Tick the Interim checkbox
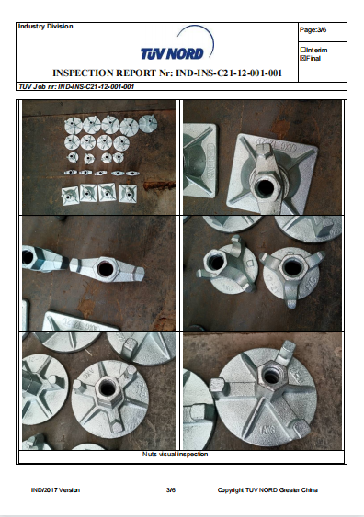point(303,50)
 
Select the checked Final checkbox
point(303,58)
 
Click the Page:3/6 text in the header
point(313,30)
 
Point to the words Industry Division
point(46,27)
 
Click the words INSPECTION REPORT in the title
point(104,73)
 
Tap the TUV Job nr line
point(76,86)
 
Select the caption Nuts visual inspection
point(175,454)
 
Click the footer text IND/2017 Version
point(55,490)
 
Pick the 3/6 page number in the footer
point(171,490)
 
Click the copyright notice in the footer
point(267,490)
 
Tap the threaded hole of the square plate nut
point(265,187)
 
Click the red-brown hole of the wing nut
point(106,269)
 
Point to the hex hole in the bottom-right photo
point(271,375)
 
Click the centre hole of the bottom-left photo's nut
point(108,387)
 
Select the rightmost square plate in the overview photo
point(128,193)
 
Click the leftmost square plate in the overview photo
point(70,196)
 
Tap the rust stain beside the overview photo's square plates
point(158,185)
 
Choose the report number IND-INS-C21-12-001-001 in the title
point(229,73)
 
